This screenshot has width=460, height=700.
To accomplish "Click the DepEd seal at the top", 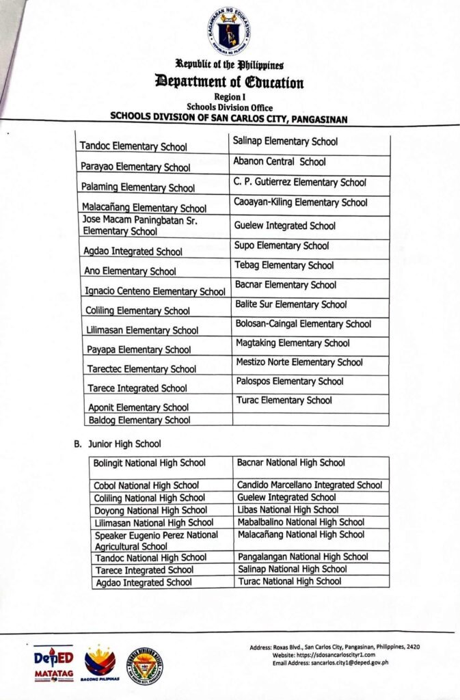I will click(230, 31).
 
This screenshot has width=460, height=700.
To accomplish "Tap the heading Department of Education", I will click(230, 83).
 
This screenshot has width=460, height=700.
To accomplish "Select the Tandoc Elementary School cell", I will click(133, 146).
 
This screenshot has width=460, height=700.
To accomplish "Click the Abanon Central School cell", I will click(280, 162).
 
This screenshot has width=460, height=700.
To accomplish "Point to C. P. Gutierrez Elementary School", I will click(299, 183).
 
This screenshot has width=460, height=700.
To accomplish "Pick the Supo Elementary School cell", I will click(282, 245).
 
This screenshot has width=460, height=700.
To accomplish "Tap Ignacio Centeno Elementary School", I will click(155, 291).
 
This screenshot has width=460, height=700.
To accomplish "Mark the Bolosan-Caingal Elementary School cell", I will click(303, 324).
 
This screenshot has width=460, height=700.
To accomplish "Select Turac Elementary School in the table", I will click(284, 401).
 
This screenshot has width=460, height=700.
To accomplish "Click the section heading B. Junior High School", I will click(118, 444).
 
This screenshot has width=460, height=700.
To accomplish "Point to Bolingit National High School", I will click(149, 463).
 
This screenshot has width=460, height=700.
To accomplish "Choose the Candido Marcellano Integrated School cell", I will click(309, 485).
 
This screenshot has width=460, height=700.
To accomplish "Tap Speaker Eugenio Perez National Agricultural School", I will click(157, 540).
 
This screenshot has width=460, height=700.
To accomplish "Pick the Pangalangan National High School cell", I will click(303, 556).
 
